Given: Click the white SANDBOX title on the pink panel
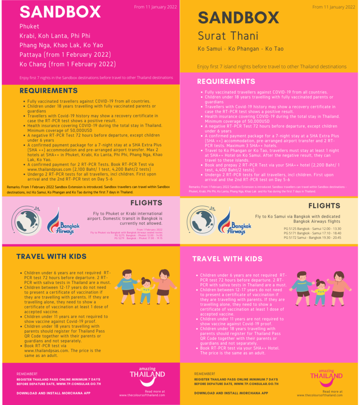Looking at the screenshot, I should tap(60, 12).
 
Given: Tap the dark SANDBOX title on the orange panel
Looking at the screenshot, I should tap(239, 18).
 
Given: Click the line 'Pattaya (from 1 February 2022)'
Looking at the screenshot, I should tap(65, 54).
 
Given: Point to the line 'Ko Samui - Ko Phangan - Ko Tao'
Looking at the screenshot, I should tap(240, 49).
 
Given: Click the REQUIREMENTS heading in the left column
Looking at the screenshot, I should tap(49, 91).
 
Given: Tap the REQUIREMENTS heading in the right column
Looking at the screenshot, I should tap(226, 81).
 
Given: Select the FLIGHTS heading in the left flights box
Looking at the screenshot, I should tap(146, 203).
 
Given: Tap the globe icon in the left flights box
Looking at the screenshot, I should tap(26, 220).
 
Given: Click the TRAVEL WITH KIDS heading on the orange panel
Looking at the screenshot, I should tap(51, 257).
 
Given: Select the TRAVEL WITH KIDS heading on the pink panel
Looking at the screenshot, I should tap(227, 259).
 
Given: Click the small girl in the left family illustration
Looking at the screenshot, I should tap(146, 290).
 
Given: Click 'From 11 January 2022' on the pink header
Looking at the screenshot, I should tap(155, 7).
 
